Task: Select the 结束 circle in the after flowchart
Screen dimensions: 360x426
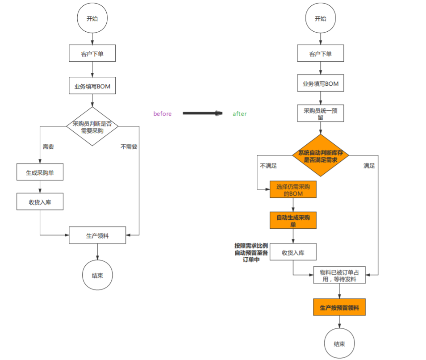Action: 339,344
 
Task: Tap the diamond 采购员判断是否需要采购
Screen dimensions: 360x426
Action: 92,127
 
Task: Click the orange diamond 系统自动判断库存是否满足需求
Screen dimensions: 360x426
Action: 320,156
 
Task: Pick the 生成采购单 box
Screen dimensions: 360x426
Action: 40,173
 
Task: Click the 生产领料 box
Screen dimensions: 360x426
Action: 97,235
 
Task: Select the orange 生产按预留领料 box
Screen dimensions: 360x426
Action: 339,307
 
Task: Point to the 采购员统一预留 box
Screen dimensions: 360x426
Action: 320,113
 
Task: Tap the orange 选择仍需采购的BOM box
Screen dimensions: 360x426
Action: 293,189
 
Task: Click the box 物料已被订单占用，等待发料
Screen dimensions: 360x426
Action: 339,275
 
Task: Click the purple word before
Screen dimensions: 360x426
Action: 163,114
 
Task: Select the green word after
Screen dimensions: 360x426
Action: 239,114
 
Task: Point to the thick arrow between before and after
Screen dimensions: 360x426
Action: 202,113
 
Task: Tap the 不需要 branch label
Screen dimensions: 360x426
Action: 129,147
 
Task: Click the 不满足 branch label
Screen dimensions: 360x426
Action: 268,166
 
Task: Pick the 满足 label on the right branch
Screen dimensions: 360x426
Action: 369,166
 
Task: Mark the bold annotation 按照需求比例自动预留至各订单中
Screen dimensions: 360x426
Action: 251,252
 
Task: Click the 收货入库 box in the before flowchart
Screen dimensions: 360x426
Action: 40,202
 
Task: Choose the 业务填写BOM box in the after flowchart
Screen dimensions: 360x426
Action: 320,84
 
